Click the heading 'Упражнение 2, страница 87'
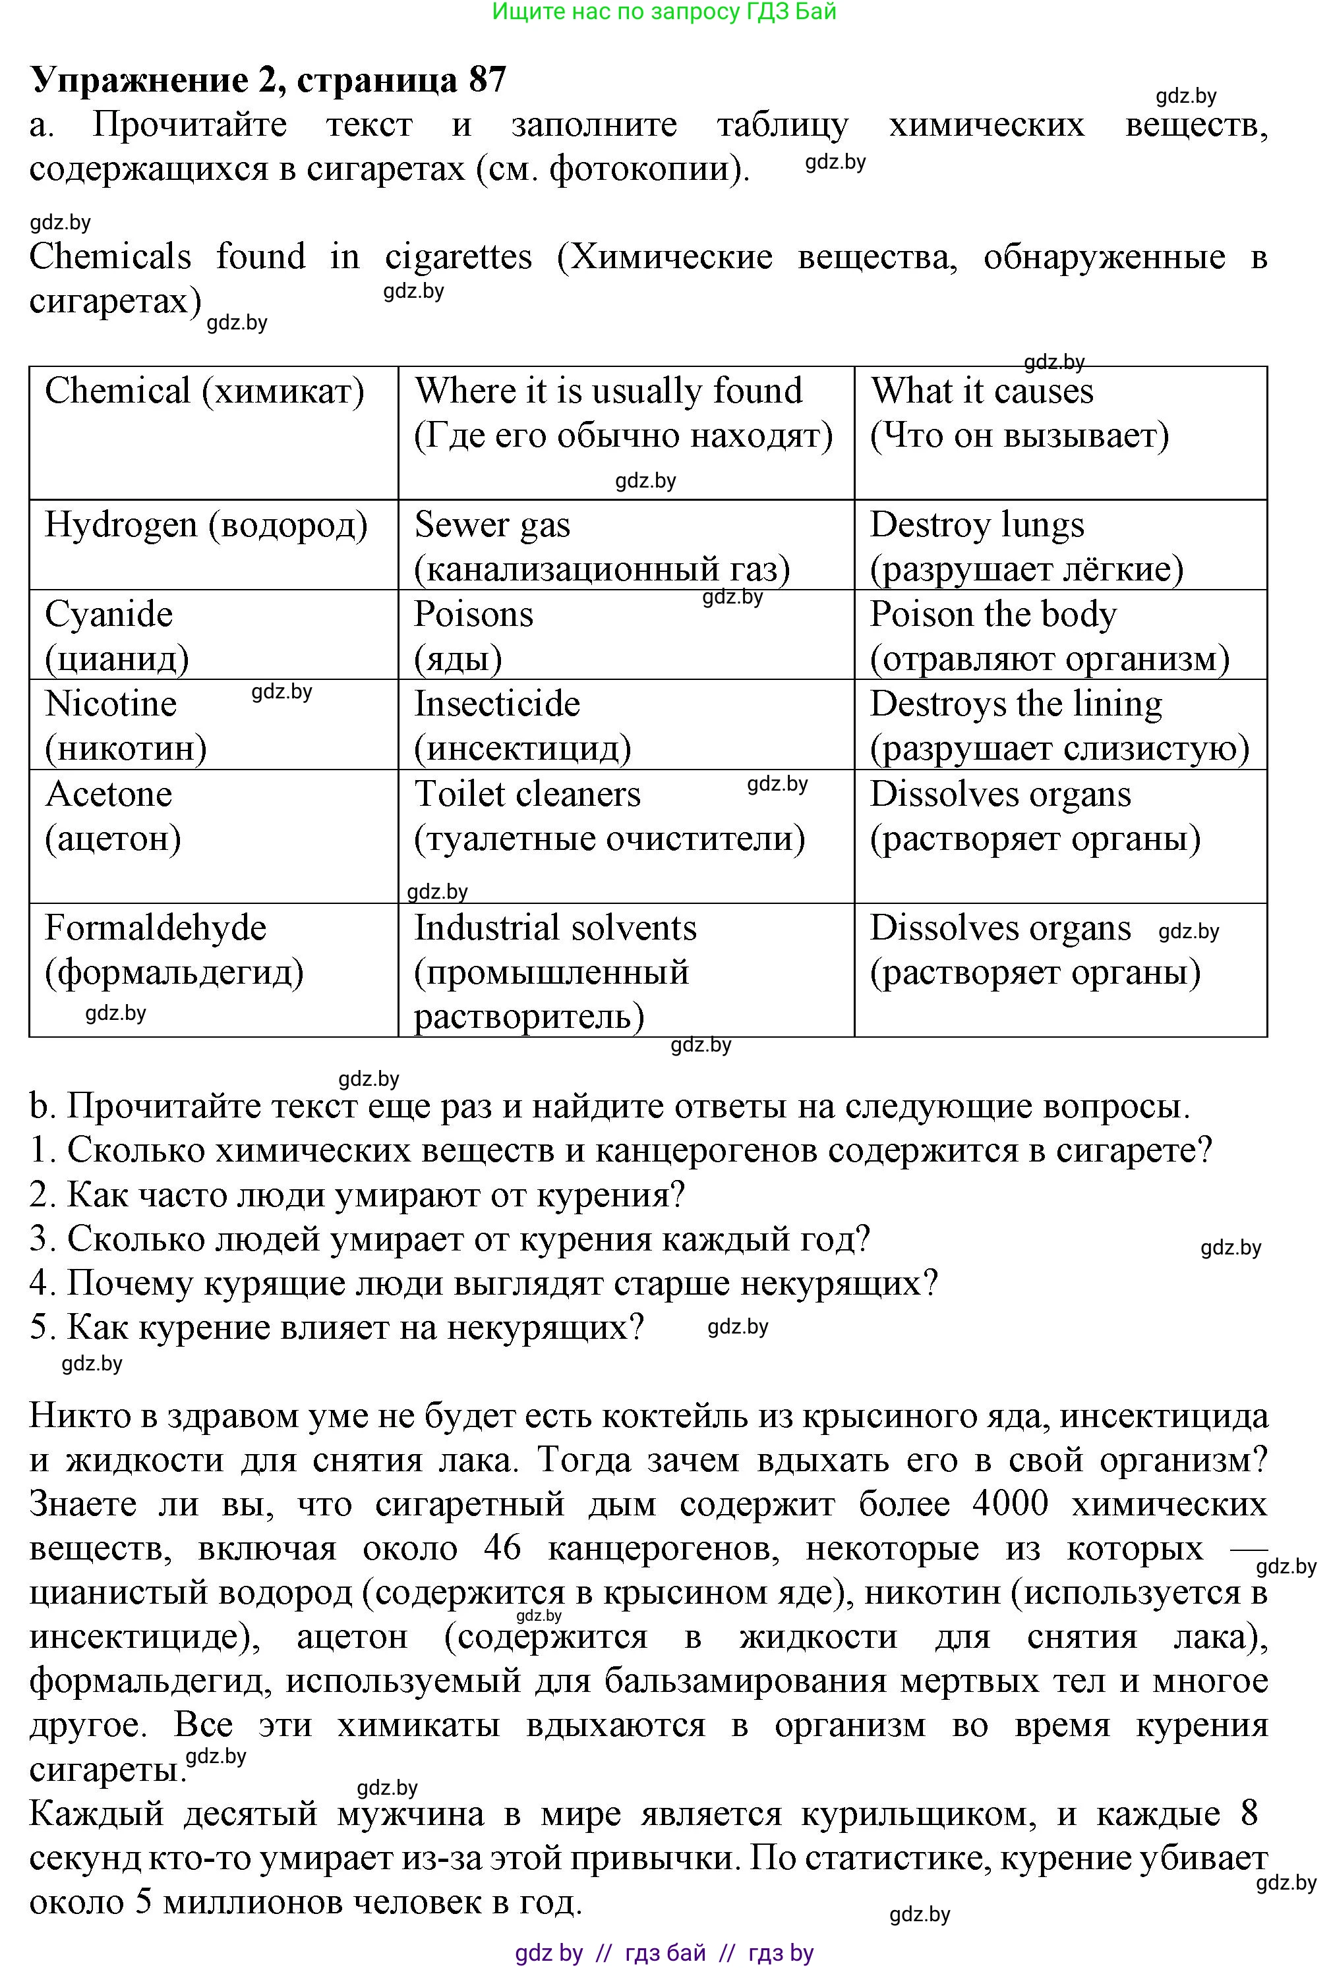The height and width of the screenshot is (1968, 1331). coord(268,80)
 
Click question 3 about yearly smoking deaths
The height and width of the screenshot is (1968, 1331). coord(450,1239)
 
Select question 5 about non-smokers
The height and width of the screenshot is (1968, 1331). coord(337,1327)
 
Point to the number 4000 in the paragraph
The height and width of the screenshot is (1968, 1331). coord(1010,1503)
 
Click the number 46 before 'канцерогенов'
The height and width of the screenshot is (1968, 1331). coord(502,1547)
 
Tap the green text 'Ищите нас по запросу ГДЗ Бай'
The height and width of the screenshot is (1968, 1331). coord(665,11)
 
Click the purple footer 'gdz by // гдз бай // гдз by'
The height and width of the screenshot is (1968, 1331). coord(665,1953)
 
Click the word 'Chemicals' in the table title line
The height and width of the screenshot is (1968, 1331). coord(110,256)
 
